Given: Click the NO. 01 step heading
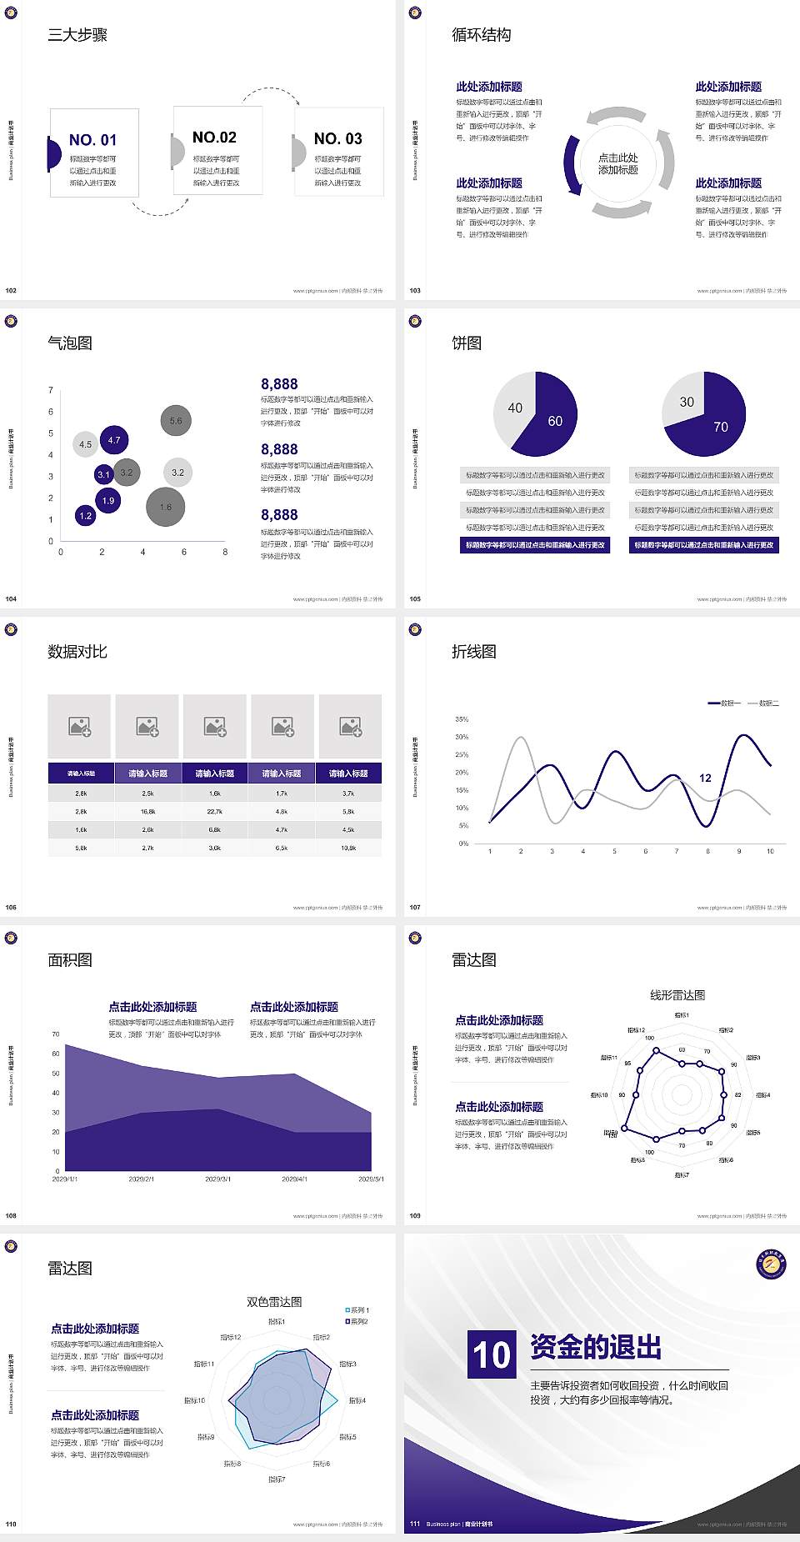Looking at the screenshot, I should [x=92, y=140].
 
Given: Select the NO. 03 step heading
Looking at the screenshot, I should [x=337, y=138].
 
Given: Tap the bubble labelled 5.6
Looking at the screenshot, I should [x=176, y=421].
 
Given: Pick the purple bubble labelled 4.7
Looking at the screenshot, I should [x=114, y=440].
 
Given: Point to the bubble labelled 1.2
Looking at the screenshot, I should [x=85, y=516].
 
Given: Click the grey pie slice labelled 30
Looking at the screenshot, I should [x=685, y=400].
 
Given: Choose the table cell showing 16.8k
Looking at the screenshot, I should [x=147, y=811].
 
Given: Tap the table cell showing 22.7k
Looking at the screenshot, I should [x=215, y=811].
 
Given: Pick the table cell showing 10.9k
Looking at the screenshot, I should [x=348, y=848].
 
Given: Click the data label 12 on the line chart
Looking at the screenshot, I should [x=705, y=778].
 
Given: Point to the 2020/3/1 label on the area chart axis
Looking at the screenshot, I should [x=217, y=1179].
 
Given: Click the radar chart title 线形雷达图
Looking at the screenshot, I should [x=677, y=994].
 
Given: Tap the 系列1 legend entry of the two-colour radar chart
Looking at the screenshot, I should [x=357, y=1310].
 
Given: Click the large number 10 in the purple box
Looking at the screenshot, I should [x=492, y=1354].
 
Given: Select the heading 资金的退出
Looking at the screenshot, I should [x=596, y=1347].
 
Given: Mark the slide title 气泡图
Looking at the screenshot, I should [x=70, y=343].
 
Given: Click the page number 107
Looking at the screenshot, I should [x=415, y=907].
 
